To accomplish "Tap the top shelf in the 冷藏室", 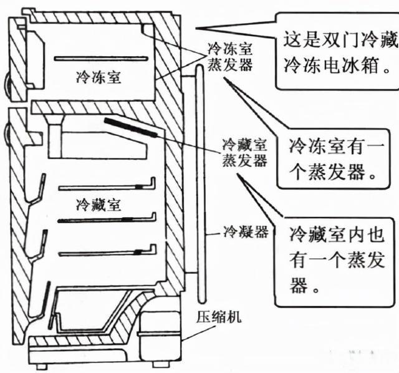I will click(x=106, y=186).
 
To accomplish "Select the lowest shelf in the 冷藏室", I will click(x=106, y=253).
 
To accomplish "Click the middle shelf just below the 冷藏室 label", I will click(x=106, y=220).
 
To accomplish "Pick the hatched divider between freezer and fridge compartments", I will click(x=94, y=108).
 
